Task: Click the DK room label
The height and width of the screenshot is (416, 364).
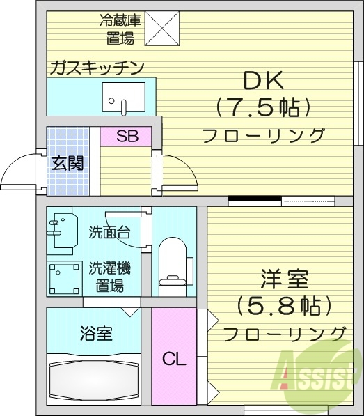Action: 263,81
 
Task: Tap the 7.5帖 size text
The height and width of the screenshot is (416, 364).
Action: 263,107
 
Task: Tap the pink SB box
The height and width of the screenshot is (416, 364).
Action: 126,136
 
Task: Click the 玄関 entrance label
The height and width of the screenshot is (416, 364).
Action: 68,163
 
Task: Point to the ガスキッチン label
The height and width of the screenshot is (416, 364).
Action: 96,68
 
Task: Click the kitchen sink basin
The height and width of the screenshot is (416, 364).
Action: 123,97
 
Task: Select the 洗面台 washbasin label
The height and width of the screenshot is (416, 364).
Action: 109,233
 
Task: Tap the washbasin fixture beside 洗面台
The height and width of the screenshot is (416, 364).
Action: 60,228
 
